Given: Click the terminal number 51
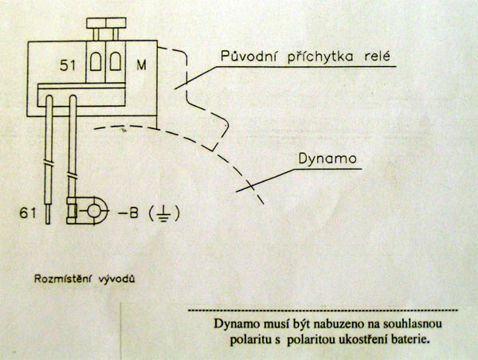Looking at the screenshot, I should tap(70, 63).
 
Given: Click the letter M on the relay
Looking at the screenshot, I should tap(141, 63).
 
